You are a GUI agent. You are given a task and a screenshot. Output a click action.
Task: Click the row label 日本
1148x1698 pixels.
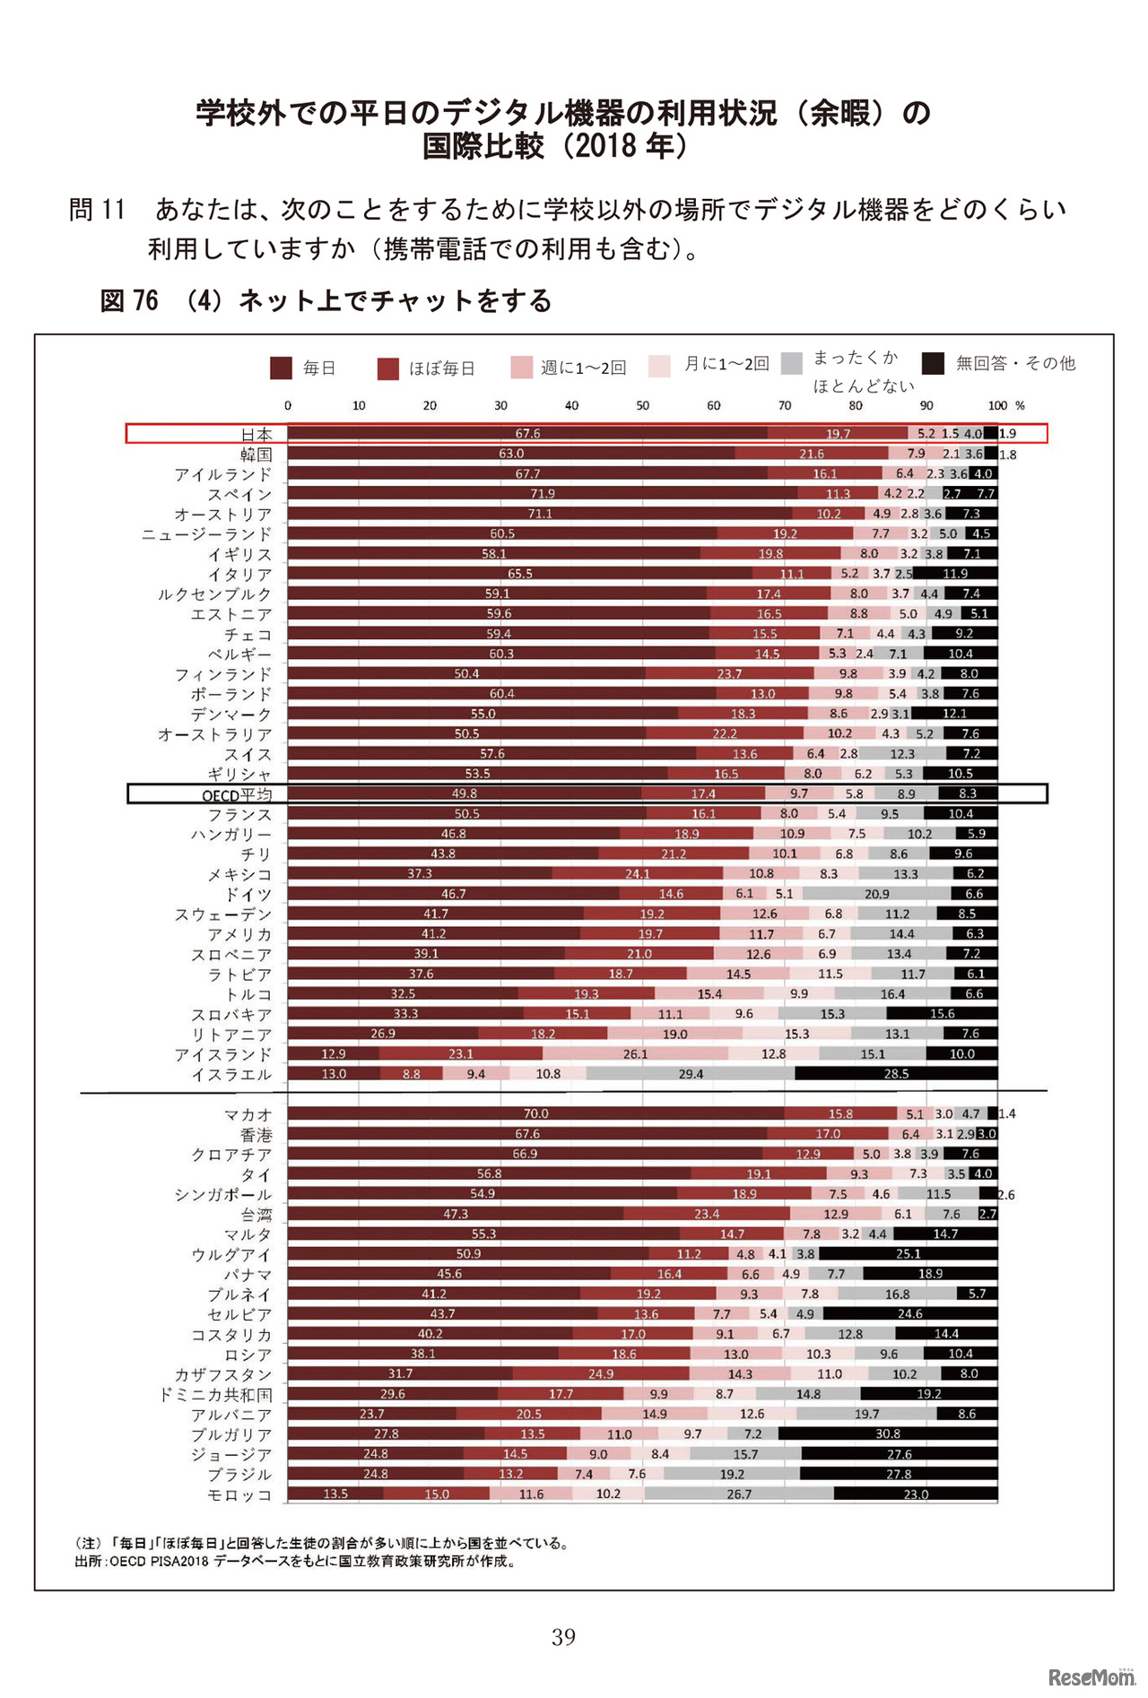(256, 434)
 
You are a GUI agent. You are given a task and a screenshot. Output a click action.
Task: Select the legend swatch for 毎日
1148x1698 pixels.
(281, 368)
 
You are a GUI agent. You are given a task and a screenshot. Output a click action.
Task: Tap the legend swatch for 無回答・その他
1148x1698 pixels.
(933, 363)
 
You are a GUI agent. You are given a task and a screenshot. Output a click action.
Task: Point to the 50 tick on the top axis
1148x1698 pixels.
(642, 406)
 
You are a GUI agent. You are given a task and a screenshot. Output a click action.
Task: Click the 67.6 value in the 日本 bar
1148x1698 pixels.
(527, 434)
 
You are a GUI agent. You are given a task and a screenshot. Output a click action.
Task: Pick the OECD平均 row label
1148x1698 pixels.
(236, 795)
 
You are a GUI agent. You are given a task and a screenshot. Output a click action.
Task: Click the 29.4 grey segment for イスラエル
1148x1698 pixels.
(691, 1074)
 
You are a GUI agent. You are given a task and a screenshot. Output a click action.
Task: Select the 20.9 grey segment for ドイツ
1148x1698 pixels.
(876, 894)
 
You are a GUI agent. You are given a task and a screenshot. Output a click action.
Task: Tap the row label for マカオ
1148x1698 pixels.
(248, 1114)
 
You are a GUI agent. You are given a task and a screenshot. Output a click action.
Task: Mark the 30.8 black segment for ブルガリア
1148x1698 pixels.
(888, 1434)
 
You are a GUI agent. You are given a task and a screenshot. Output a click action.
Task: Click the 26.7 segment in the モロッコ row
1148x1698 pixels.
(739, 1494)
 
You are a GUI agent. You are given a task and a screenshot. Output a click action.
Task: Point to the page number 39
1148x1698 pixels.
(563, 1637)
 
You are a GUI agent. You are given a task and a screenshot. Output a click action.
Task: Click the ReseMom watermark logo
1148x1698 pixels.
(1091, 1676)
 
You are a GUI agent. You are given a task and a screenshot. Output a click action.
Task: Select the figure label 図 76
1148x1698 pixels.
(129, 300)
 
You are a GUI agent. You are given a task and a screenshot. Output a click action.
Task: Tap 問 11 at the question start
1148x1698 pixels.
(97, 210)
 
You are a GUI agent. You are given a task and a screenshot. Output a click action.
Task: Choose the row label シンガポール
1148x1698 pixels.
(222, 1195)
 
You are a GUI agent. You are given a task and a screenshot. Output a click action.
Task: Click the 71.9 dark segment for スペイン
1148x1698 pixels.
(542, 494)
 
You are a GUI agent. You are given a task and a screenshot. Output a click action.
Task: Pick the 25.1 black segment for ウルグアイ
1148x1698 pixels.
(908, 1254)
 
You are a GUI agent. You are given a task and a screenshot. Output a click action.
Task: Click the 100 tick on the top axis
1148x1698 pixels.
(996, 406)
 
